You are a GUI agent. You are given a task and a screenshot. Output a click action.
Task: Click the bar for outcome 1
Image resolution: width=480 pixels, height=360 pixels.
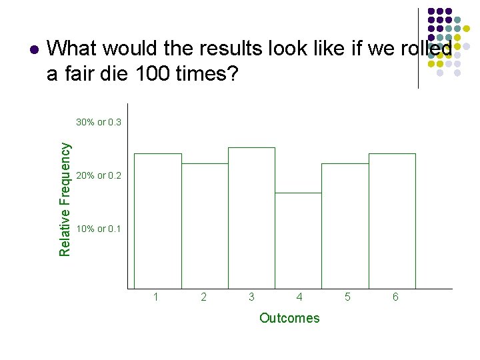pos(158,221)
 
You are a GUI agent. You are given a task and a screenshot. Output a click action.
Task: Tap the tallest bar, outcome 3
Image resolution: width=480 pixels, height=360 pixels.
pos(251,218)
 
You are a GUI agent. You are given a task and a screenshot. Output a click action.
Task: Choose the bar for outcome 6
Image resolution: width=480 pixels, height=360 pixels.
pos(392,221)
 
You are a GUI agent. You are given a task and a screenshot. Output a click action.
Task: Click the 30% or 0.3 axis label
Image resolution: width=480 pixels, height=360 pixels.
pos(99,123)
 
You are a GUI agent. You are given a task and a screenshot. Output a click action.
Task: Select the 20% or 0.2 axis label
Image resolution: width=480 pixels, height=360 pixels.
pos(99,176)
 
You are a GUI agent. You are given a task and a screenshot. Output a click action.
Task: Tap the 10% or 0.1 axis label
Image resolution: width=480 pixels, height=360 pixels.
pos(99,229)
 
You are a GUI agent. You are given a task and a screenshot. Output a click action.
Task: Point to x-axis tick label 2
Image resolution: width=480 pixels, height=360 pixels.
pos(204,297)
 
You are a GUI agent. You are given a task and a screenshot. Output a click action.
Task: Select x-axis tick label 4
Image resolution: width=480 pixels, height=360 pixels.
pos(299,297)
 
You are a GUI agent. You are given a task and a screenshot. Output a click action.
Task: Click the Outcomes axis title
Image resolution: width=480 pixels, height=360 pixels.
pos(289,318)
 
